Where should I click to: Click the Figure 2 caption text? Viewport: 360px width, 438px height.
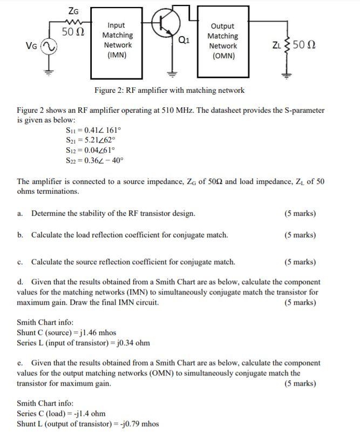coord(169,90)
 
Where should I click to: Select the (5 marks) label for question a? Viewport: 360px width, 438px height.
coord(300,213)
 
